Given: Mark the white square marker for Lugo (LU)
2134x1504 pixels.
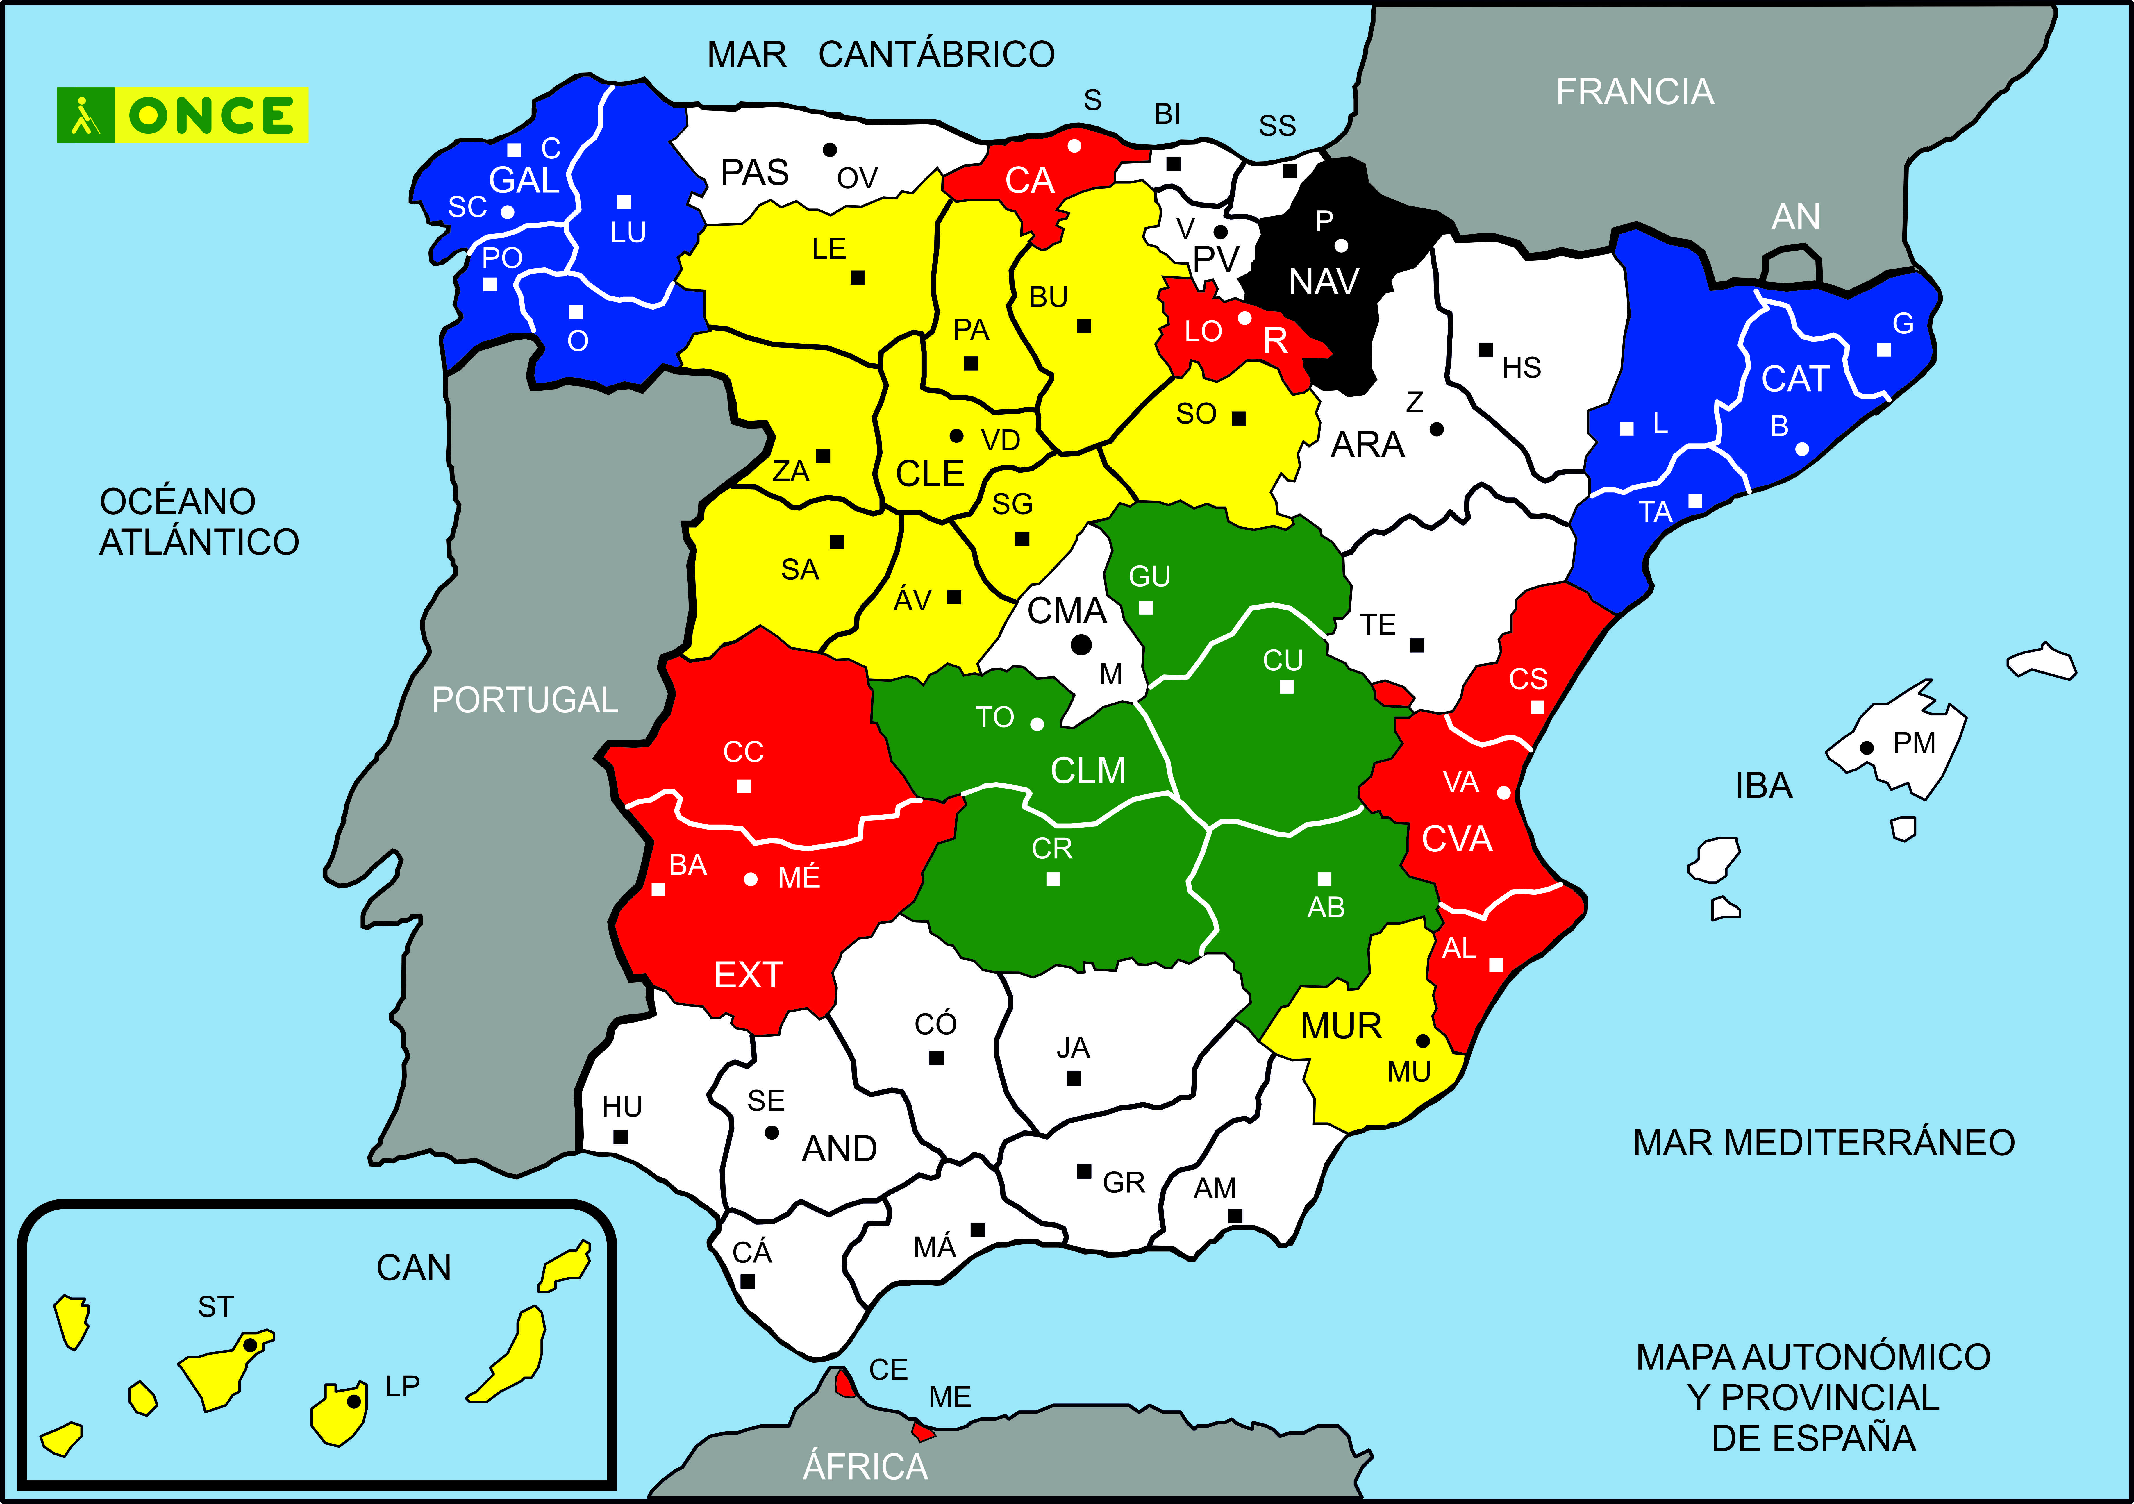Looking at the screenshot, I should tap(624, 202).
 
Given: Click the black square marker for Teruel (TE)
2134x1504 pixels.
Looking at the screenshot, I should tap(1417, 645).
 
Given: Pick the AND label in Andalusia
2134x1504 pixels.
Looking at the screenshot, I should tap(839, 1149).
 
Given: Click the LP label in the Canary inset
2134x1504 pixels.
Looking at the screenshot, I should tap(402, 1386).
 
